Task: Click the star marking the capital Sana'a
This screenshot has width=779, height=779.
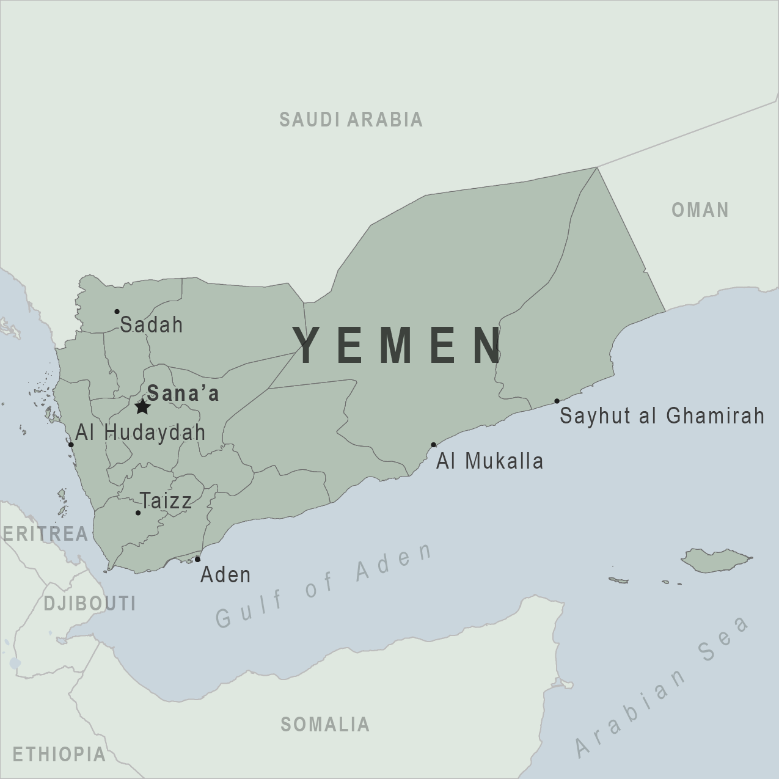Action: (142, 406)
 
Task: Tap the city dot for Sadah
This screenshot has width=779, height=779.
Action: (117, 312)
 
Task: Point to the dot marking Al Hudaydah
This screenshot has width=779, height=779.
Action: (71, 445)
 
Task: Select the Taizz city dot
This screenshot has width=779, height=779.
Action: (138, 513)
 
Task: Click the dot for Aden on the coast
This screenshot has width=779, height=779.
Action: (197, 559)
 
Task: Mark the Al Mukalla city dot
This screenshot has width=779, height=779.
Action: (433, 445)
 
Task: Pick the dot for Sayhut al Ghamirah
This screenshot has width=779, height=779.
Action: (557, 401)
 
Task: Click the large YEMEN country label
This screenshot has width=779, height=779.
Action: (398, 345)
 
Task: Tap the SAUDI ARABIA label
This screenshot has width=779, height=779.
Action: (351, 120)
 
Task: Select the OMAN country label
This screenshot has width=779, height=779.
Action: (700, 210)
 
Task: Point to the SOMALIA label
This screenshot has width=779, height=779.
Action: (325, 725)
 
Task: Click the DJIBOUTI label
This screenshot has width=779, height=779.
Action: (90, 604)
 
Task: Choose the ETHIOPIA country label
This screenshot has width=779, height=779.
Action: (59, 755)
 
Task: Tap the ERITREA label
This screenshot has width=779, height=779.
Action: (46, 533)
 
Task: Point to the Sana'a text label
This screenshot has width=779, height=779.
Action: (183, 394)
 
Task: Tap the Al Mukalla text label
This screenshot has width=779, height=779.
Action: (489, 461)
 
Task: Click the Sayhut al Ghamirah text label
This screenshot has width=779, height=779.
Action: (662, 416)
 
